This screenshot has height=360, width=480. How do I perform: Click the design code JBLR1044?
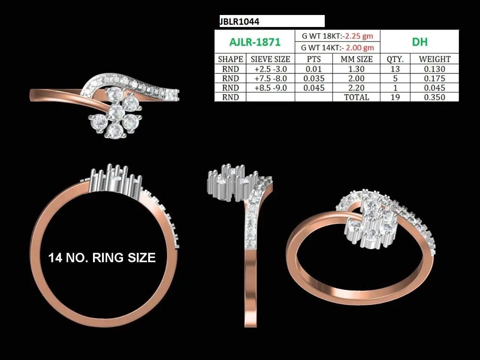tap(240, 22)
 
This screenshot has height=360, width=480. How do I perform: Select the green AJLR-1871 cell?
tap(255, 42)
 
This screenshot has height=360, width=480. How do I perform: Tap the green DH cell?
tap(419, 42)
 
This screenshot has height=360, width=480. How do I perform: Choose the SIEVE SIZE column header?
tap(270, 59)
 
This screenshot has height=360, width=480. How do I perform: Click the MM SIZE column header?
tap(357, 59)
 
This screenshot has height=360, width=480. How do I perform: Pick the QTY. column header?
tap(395, 59)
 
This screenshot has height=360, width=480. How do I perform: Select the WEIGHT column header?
tap(435, 59)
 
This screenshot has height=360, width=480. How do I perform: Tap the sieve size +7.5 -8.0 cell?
tap(271, 78)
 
